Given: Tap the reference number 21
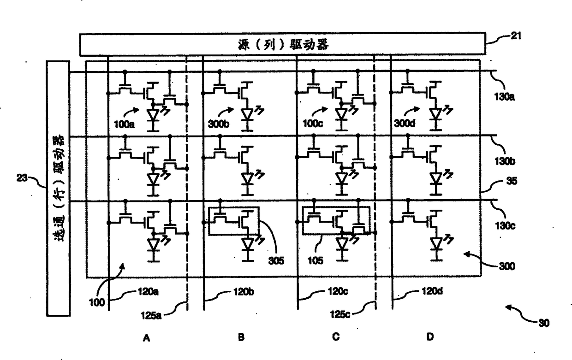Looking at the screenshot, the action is [516, 35].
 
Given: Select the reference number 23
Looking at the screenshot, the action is [22, 178].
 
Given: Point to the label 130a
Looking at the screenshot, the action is [504, 97].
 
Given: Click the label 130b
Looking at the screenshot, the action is [505, 161].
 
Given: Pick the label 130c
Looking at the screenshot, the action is [505, 226].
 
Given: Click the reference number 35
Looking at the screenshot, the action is [512, 181].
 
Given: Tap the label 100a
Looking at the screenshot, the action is [124, 124].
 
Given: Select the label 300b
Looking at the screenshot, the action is [219, 124].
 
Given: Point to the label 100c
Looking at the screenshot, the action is [313, 124].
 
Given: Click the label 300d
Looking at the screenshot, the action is [405, 124].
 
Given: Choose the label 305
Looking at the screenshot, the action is [276, 261].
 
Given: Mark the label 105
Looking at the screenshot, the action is [316, 260].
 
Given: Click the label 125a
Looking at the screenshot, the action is [151, 316].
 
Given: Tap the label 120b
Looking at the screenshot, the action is [244, 292].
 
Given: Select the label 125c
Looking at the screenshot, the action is [340, 314].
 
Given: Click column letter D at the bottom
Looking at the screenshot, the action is [430, 337].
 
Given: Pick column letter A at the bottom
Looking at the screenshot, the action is [146, 338].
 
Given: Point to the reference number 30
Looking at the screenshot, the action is [544, 323].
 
